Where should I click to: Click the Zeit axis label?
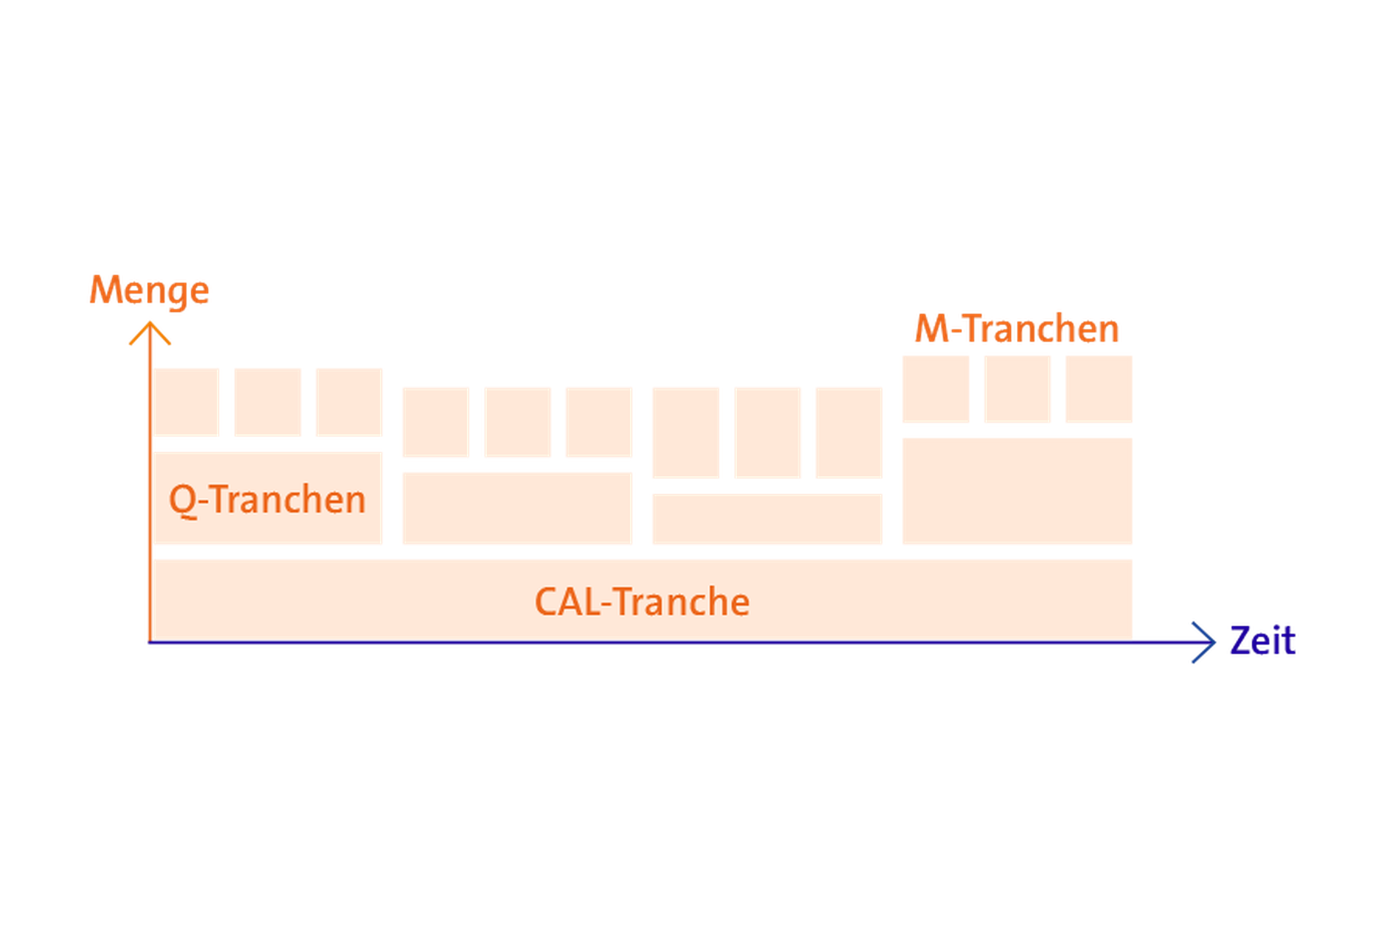[1263, 641]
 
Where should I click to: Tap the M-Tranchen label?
[1017, 328]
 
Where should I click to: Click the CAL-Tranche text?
[642, 601]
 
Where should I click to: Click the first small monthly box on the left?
[187, 402]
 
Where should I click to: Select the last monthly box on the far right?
[1098, 389]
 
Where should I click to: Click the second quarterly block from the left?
[517, 508]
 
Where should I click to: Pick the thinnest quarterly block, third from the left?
[767, 519]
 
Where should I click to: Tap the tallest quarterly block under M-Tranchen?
[1017, 491]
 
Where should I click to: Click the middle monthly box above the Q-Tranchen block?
[268, 402]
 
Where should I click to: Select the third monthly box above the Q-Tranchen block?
[348, 402]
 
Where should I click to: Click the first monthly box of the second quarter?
[436, 422]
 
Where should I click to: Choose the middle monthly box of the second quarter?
[517, 422]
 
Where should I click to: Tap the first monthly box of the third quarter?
[685, 432]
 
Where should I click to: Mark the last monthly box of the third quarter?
[848, 432]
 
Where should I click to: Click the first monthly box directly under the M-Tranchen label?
[936, 389]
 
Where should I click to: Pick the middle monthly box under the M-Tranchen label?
[1017, 389]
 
